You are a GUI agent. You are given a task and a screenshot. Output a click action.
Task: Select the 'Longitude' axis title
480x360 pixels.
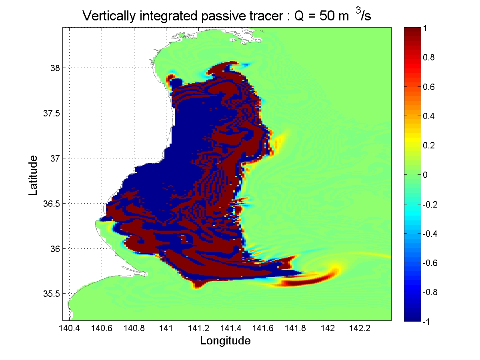pyautogui.click(x=225, y=341)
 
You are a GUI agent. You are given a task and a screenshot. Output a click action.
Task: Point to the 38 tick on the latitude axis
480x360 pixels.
pyautogui.click(x=54, y=68)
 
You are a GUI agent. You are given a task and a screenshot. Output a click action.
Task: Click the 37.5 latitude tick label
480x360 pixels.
pyautogui.click(x=50, y=113)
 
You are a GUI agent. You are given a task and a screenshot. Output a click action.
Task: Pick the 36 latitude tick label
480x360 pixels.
pyautogui.click(x=54, y=249)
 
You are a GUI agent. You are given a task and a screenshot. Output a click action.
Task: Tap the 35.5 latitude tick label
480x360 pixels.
pyautogui.click(x=50, y=294)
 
